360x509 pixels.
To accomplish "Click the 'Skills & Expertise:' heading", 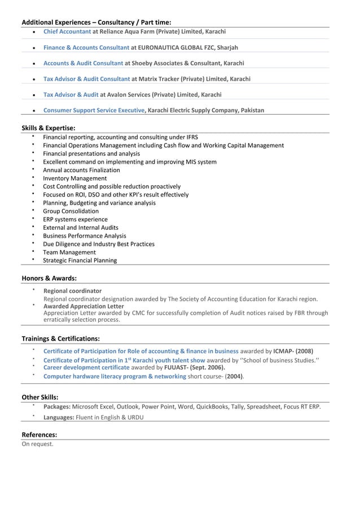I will tap(49, 128).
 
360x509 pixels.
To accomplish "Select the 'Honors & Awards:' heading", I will tap(49, 278).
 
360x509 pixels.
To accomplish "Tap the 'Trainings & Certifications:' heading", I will tap(61, 339).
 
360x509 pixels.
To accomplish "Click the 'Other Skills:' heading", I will tap(40, 397).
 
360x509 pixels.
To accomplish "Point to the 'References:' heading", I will tap(39, 435).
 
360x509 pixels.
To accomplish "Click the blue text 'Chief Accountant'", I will tap(67, 32).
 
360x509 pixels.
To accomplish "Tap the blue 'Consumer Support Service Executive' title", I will tap(94, 111).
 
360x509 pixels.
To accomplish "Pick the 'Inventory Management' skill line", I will tap(74, 178).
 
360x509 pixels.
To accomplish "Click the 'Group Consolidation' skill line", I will tap(71, 211).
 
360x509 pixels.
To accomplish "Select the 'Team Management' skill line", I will tap(69, 252).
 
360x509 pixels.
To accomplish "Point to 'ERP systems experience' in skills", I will tap(75, 220).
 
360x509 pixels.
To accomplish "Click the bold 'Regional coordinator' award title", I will tap(72, 291).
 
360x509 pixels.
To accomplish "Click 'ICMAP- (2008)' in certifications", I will tap(293, 350).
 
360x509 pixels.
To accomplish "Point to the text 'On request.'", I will tap(37, 444).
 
